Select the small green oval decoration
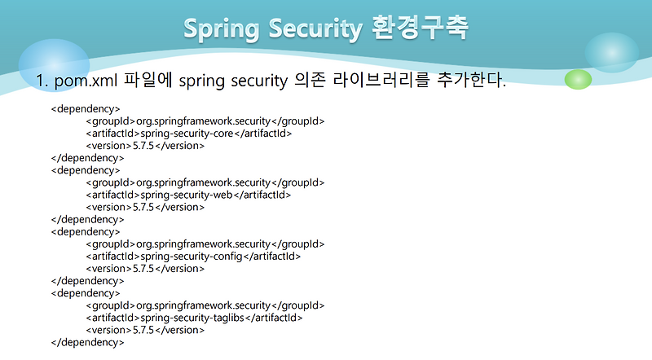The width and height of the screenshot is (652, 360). click(578, 79)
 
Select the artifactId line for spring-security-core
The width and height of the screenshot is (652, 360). click(188, 134)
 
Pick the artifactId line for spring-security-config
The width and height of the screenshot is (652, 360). click(193, 256)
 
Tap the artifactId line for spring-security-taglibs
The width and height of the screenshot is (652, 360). click(194, 318)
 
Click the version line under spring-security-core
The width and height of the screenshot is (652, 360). click(144, 146)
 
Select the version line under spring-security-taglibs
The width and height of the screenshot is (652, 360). click(144, 330)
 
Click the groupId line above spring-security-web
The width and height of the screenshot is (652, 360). click(205, 182)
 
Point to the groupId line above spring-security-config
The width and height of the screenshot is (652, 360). click(205, 244)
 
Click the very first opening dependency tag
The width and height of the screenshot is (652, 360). click(86, 108)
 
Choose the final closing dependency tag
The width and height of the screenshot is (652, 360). click(87, 342)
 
